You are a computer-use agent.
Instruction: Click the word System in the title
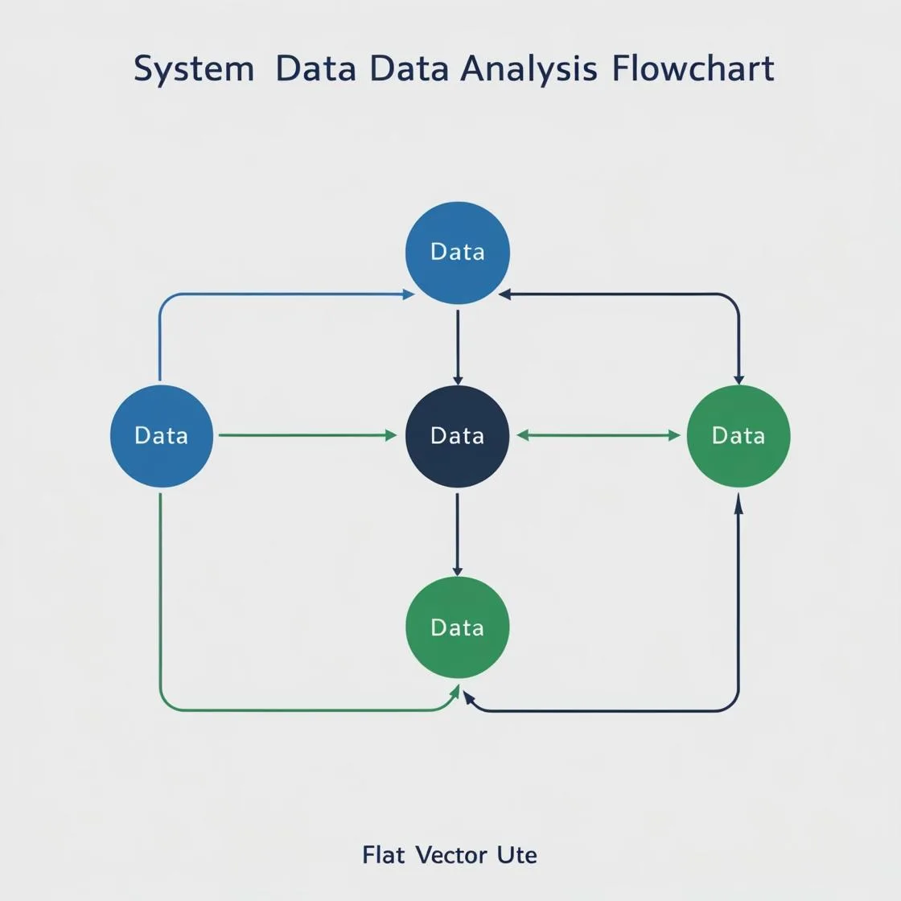click(194, 70)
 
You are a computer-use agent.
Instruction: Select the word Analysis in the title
click(529, 69)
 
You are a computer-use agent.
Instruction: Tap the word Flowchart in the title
click(693, 68)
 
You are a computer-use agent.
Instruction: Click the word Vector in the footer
click(451, 855)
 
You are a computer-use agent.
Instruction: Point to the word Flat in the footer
click(383, 855)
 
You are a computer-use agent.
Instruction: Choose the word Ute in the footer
click(517, 855)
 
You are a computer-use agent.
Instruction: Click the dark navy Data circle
click(458, 436)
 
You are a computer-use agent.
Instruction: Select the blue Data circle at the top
click(458, 253)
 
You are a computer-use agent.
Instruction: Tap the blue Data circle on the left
click(162, 436)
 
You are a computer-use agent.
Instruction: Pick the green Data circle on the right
click(738, 436)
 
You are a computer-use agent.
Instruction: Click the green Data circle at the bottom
click(458, 627)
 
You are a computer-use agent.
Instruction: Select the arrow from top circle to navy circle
click(458, 347)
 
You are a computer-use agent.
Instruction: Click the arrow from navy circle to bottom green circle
click(458, 534)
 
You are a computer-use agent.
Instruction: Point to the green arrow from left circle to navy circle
click(308, 435)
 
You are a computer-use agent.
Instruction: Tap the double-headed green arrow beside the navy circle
click(599, 435)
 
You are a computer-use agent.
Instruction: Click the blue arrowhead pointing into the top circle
click(409, 294)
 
